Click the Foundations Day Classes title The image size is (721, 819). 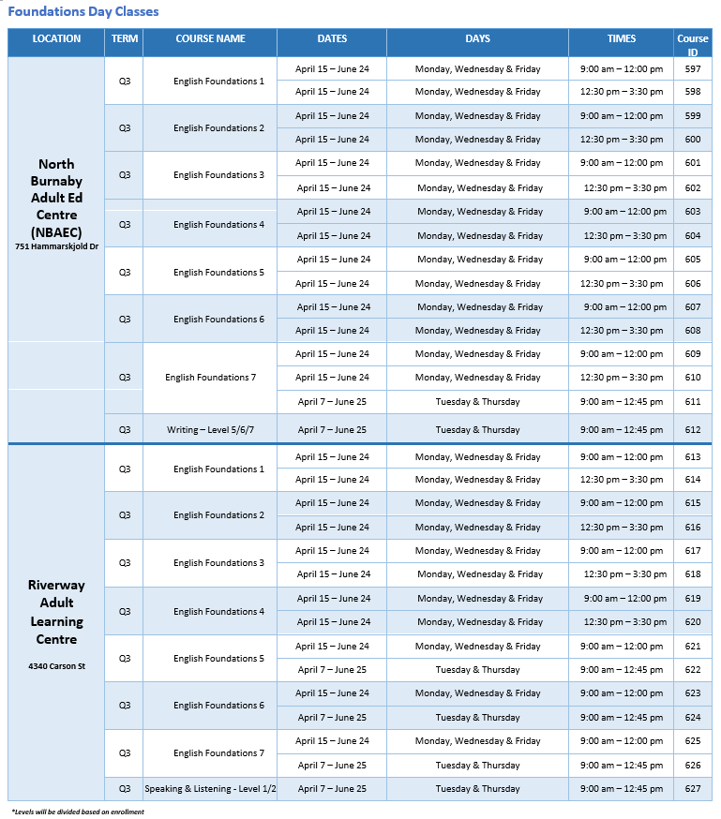pos(83,12)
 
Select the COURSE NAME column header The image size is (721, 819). pos(210,39)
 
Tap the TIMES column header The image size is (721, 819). pos(621,39)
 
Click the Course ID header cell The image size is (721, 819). pos(693,44)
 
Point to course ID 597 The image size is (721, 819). pos(693,69)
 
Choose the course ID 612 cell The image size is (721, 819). pos(693,430)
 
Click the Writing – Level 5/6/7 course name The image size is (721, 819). pos(209,430)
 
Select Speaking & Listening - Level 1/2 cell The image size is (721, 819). pos(210,789)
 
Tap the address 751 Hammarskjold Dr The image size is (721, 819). pos(56,247)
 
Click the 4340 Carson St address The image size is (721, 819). pos(56,666)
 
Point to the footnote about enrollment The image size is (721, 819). pos(78,812)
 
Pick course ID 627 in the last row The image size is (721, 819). pos(693,789)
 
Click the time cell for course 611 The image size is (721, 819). pos(622,402)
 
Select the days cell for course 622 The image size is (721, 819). pos(477,670)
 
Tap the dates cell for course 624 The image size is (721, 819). pos(332,718)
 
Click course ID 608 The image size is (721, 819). pos(693,331)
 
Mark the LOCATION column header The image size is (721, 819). pos(56,39)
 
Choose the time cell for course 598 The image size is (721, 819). pos(622,92)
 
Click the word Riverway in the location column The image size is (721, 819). pos(56,586)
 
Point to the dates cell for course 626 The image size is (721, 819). pos(332,766)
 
